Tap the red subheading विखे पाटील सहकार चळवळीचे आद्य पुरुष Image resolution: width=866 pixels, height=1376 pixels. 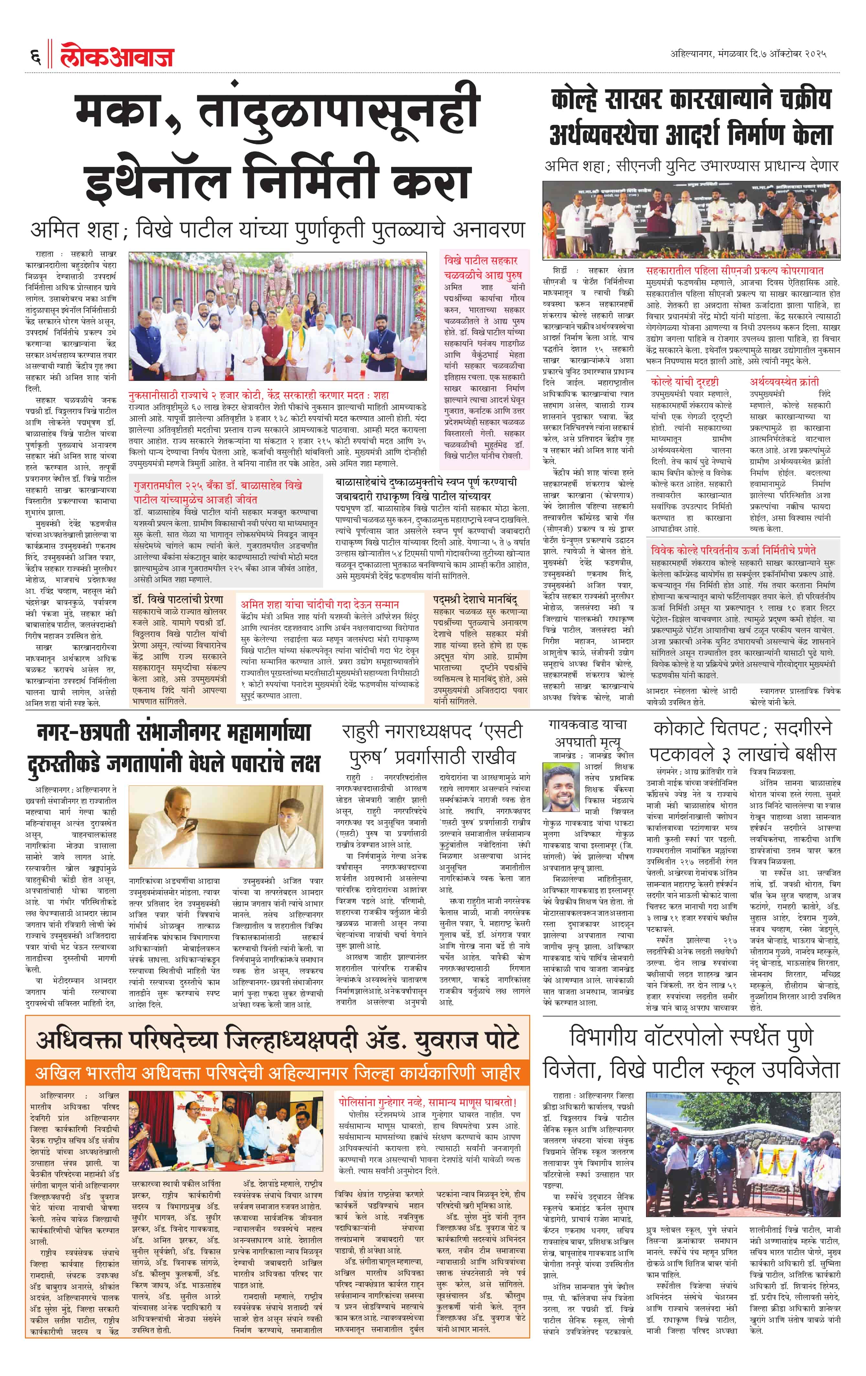pos(481,267)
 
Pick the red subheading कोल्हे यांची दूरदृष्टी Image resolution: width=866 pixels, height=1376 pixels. pos(684,382)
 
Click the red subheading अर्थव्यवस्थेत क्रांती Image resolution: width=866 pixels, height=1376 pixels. pos(784,382)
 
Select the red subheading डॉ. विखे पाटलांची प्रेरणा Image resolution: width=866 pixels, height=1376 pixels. pos(178,599)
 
